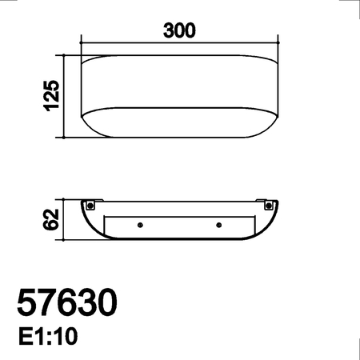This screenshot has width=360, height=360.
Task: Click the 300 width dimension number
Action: point(180,31)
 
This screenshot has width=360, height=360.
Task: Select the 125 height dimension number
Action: point(53,97)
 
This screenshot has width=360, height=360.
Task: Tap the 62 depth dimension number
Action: point(53,219)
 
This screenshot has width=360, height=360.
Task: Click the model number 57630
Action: point(68,304)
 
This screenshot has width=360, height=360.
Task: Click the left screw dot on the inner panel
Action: point(141,225)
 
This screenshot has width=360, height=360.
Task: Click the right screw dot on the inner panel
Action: point(218,225)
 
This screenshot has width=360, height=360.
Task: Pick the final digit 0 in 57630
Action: point(107,304)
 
